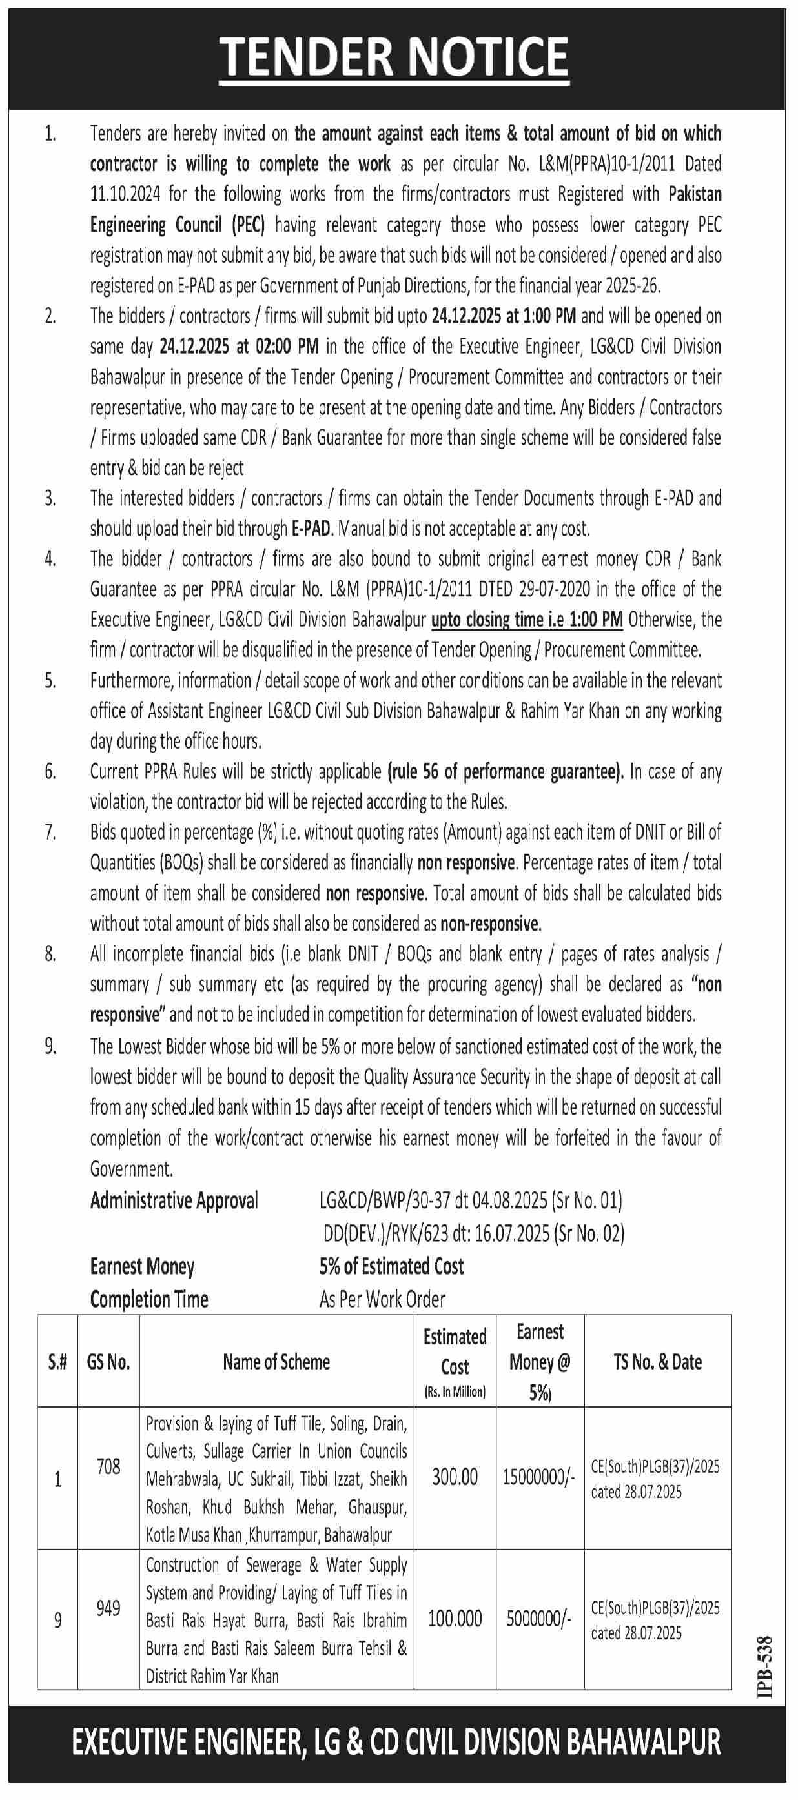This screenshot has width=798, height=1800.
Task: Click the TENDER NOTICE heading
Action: (x=394, y=57)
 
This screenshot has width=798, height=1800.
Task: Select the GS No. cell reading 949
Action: (x=108, y=1608)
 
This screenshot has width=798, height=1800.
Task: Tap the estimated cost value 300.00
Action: (x=455, y=1477)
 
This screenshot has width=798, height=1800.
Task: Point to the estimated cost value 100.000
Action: (x=455, y=1619)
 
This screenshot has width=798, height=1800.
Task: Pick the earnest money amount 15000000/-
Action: (x=538, y=1477)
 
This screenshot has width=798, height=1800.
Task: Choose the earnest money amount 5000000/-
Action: (x=538, y=1619)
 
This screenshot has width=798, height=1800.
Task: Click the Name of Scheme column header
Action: (x=276, y=1361)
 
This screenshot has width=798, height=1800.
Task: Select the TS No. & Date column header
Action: (x=657, y=1361)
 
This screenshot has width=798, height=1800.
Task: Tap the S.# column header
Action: (x=57, y=1361)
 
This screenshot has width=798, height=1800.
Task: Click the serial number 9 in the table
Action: (x=57, y=1620)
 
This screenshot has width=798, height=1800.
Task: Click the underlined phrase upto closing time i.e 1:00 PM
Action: (x=526, y=620)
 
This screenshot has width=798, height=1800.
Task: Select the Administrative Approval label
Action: (x=174, y=1200)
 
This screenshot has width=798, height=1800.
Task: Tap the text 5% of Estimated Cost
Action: (x=391, y=1266)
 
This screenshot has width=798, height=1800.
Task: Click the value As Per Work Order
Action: (x=382, y=1299)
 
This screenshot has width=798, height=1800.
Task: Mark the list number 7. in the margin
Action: (x=50, y=832)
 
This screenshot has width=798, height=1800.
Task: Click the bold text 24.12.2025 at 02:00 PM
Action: (x=239, y=347)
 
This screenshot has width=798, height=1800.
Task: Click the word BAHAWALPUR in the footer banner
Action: (x=643, y=1742)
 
